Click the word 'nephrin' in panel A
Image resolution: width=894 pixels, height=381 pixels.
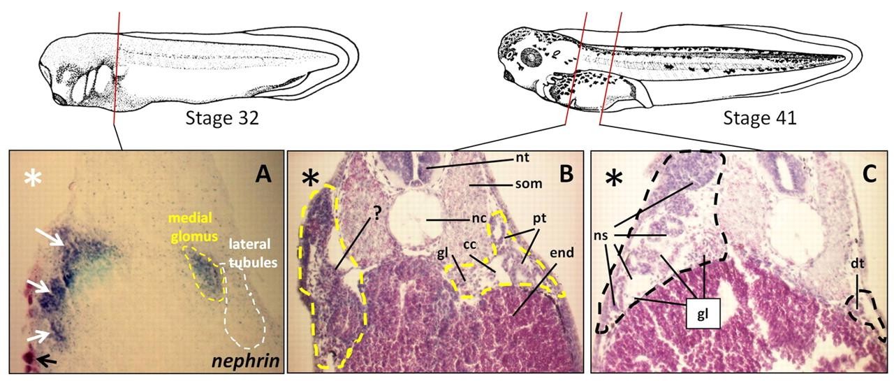(244, 360)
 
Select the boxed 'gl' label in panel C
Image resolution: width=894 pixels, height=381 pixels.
(703, 313)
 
